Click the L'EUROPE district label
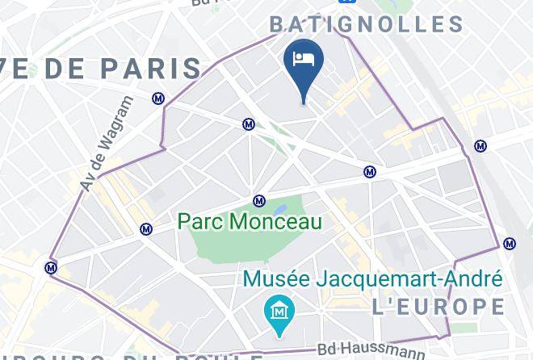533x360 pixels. tap(439, 307)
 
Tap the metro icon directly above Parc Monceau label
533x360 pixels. tap(259, 201)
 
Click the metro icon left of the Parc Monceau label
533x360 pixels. tap(145, 229)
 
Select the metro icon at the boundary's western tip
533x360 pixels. tap(52, 267)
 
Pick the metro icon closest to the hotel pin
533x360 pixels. tap(250, 124)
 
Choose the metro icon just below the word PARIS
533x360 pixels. tap(158, 98)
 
